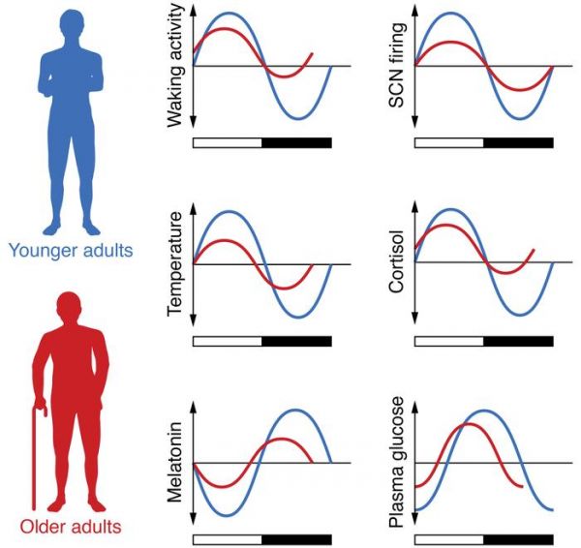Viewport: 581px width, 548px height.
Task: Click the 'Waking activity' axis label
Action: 175,66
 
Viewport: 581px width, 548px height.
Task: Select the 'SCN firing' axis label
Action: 396,65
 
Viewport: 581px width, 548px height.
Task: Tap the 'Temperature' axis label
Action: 175,263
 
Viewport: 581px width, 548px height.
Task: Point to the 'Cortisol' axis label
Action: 396,261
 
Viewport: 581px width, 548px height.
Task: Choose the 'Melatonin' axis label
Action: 175,462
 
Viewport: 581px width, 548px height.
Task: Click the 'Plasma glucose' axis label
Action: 396,462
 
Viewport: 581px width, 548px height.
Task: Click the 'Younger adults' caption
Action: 71,251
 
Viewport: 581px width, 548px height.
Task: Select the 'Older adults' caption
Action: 71,527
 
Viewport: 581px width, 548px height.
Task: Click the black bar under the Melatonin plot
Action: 297,539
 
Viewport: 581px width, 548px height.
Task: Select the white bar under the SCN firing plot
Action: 449,142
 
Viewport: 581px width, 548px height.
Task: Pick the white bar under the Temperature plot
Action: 228,341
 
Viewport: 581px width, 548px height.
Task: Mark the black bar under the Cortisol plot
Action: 518,341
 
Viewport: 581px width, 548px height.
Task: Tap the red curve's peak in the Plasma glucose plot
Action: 469,424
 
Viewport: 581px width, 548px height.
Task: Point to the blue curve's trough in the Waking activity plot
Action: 298,118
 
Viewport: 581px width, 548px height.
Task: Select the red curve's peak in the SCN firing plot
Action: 448,42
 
